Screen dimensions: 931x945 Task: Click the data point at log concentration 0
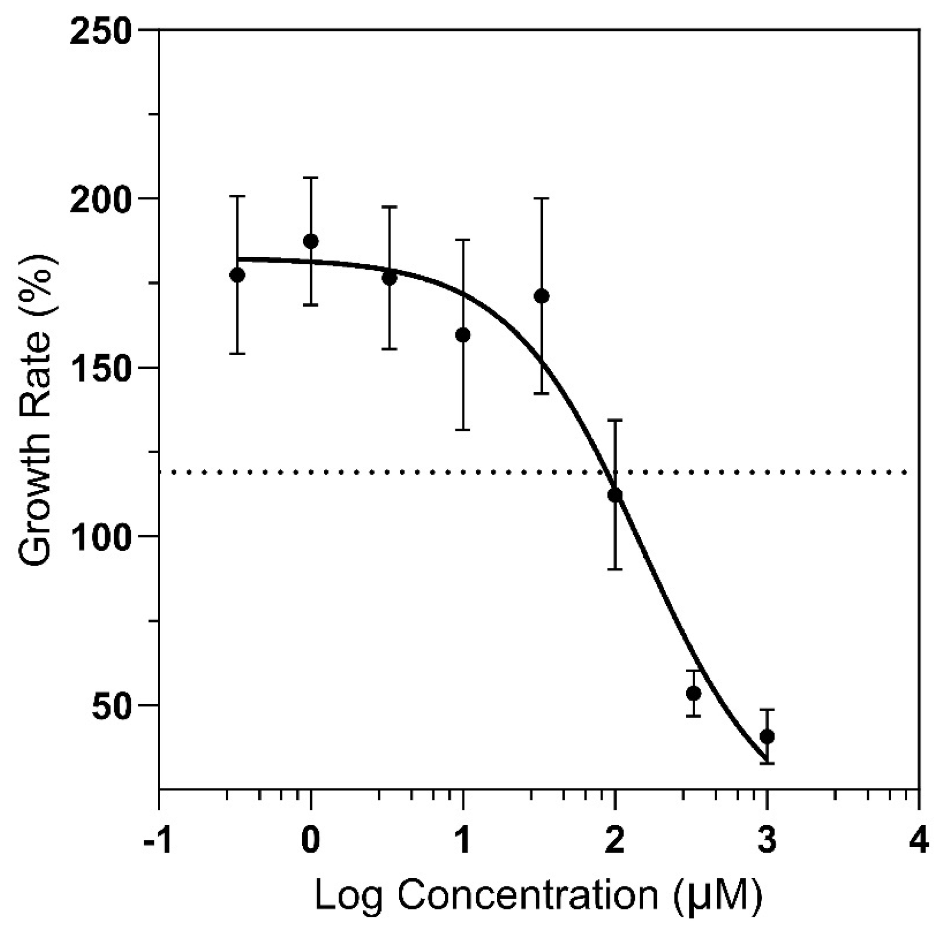tap(311, 241)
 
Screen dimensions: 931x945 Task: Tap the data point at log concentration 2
tap(615, 495)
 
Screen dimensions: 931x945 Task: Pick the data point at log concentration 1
tap(463, 335)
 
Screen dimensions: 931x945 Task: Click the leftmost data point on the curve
tap(237, 275)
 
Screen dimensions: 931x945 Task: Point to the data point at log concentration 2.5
tap(693, 693)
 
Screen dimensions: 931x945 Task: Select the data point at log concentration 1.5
tap(541, 296)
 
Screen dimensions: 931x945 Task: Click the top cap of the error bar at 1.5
tap(541, 198)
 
